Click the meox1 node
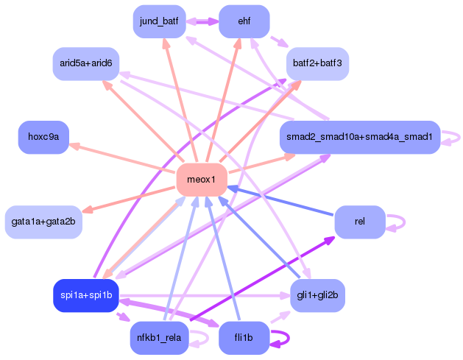[x=202, y=180]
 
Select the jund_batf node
[x=160, y=21]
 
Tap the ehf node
[x=244, y=21]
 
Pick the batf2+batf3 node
[x=317, y=64]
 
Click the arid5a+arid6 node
[x=86, y=64]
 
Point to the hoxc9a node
[x=43, y=138]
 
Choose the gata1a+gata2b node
[x=43, y=222]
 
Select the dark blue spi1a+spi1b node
[x=86, y=296]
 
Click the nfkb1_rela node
[x=160, y=338]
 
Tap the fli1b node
[x=244, y=338]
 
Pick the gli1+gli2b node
[x=317, y=296]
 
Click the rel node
[x=360, y=222]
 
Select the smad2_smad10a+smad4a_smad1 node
[x=360, y=138]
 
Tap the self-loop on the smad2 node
[x=459, y=138]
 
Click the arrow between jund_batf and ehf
[x=202, y=21]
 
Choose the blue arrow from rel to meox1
[x=280, y=200]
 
